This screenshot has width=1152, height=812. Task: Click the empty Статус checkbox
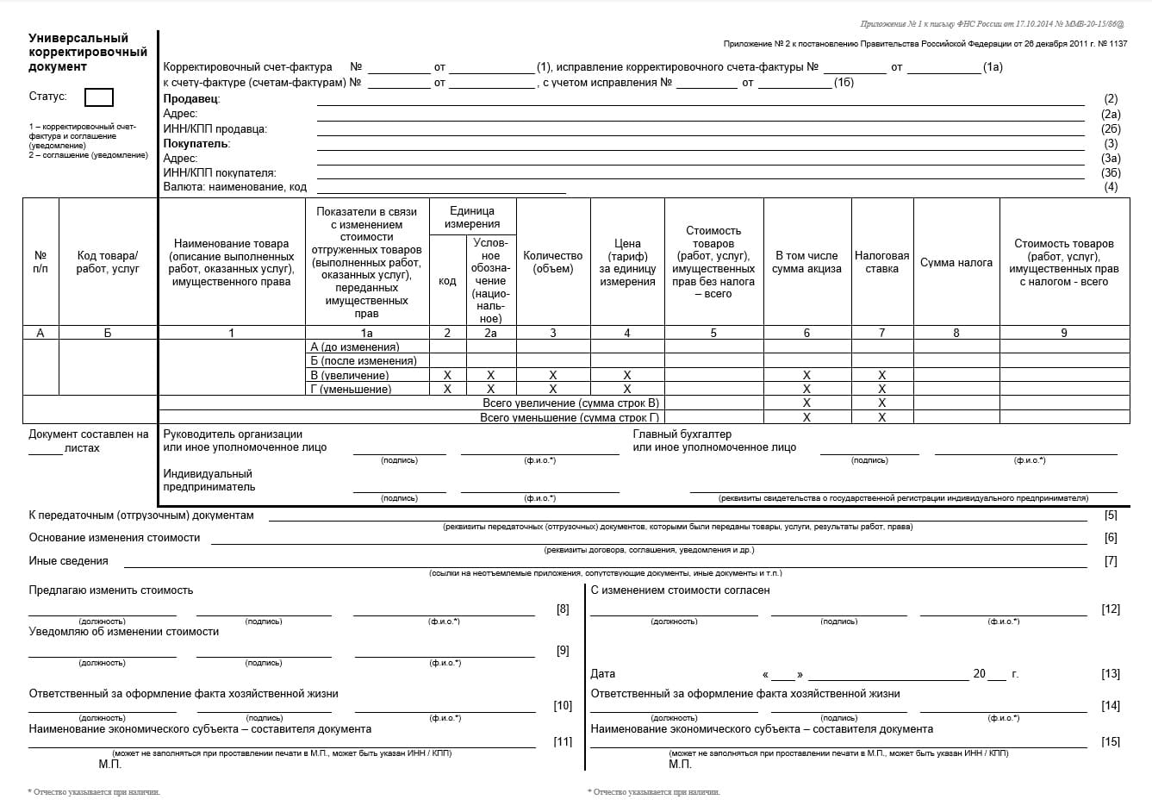tap(99, 97)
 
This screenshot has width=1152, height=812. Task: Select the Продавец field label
tap(191, 99)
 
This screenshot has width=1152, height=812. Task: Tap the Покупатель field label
tap(196, 144)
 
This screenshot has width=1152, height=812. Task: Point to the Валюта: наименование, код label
tap(234, 187)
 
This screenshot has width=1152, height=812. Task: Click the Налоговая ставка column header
tap(881, 262)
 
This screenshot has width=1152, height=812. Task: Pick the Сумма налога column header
tap(956, 262)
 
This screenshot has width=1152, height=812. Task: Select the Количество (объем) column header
tap(552, 262)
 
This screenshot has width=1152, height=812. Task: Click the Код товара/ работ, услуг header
tap(108, 262)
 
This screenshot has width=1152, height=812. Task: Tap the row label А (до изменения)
tap(354, 347)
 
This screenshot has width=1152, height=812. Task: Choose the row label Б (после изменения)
tap(363, 361)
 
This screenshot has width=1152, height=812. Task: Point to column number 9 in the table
tap(1063, 333)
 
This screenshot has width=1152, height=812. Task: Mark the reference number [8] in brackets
tap(563, 609)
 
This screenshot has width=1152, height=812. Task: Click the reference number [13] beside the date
tap(1111, 674)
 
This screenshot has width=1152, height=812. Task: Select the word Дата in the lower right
tap(603, 674)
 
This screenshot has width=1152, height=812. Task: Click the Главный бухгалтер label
tap(682, 434)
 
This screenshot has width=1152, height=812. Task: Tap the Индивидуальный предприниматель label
tap(209, 480)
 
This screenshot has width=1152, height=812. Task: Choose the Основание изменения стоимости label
tap(115, 538)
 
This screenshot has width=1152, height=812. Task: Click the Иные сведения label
tap(69, 561)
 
